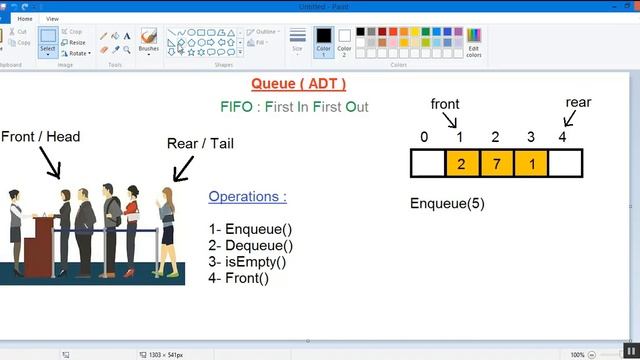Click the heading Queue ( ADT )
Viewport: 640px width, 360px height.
click(298, 84)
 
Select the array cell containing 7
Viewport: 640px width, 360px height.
click(496, 162)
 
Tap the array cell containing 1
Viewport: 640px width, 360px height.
click(531, 162)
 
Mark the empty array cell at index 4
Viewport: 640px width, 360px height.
click(565, 162)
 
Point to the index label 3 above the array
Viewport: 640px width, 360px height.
click(531, 137)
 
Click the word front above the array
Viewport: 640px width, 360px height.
click(446, 104)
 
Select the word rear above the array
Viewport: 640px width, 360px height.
click(578, 102)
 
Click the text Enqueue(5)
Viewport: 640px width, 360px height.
click(447, 204)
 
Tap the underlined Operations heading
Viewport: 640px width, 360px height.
click(247, 197)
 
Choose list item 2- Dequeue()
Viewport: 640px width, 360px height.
click(251, 245)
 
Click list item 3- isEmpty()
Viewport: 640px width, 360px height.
click(248, 262)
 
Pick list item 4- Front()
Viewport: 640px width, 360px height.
click(239, 278)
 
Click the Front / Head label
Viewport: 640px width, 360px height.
click(40, 136)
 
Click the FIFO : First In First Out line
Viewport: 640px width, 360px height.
click(294, 106)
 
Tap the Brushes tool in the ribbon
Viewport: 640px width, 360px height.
click(149, 41)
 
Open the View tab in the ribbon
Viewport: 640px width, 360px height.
click(52, 18)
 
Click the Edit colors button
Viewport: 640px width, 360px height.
click(474, 44)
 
